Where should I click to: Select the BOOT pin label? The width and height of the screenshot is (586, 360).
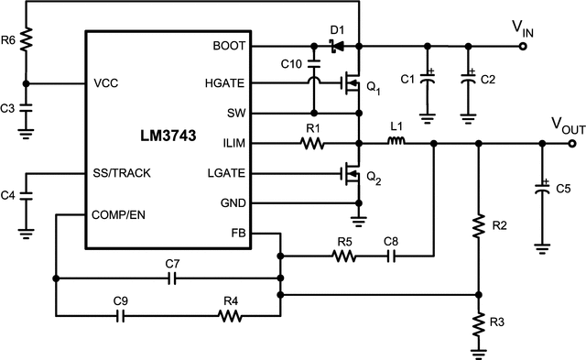click(229, 45)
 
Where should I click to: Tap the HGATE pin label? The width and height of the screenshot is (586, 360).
click(225, 83)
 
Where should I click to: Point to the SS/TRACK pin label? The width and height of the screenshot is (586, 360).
click(122, 172)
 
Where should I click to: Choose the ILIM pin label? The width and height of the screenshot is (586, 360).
click(233, 143)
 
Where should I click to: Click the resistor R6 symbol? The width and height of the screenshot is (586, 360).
click(27, 39)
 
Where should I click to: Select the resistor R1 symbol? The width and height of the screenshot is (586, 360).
click(313, 144)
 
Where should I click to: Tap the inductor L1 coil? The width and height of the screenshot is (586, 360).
click(396, 143)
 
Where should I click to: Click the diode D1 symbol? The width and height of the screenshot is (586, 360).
click(336, 45)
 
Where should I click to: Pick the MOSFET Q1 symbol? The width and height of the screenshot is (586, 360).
click(349, 85)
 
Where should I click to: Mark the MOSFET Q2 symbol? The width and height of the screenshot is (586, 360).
click(349, 173)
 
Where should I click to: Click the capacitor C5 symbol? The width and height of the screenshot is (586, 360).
click(543, 190)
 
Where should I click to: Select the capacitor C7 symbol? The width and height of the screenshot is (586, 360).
click(171, 277)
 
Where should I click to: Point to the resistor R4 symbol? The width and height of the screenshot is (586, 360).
click(231, 315)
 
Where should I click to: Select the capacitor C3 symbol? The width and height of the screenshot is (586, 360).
click(27, 108)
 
